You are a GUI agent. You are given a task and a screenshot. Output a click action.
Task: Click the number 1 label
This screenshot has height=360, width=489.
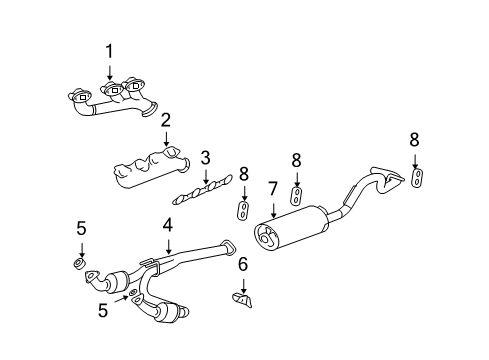tap(110, 50)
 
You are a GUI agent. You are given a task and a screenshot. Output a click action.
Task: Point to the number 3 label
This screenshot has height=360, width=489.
tap(204, 157)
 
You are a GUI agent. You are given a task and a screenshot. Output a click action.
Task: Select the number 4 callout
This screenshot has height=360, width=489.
tap(169, 228)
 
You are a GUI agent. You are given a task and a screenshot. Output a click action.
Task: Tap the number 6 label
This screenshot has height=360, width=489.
tap(242, 264)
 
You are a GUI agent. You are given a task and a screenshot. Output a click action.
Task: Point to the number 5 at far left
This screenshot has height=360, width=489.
tap(82, 228)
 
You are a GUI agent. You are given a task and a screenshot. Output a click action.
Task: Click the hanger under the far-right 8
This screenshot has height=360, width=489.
tap(416, 178)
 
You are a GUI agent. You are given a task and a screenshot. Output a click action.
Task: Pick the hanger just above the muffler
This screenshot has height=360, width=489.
tap(296, 193)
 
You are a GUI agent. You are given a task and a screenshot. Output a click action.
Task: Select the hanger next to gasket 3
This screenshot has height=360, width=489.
tap(243, 209)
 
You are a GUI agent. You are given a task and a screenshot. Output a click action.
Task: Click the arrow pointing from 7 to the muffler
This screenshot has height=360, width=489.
tap(272, 208)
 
